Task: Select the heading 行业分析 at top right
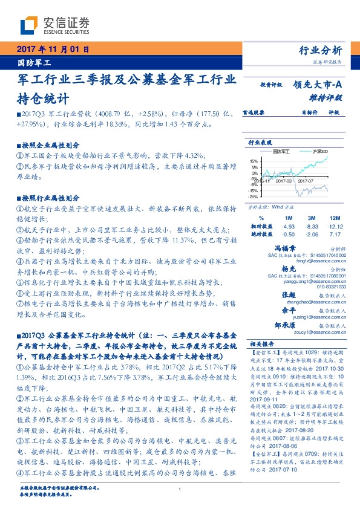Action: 321,50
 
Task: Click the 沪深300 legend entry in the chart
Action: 318,150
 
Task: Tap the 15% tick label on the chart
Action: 254,161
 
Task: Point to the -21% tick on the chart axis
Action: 254,196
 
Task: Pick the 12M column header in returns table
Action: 335,217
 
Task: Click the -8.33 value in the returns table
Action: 312,225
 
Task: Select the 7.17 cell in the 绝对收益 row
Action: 335,233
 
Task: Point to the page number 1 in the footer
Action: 180,490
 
